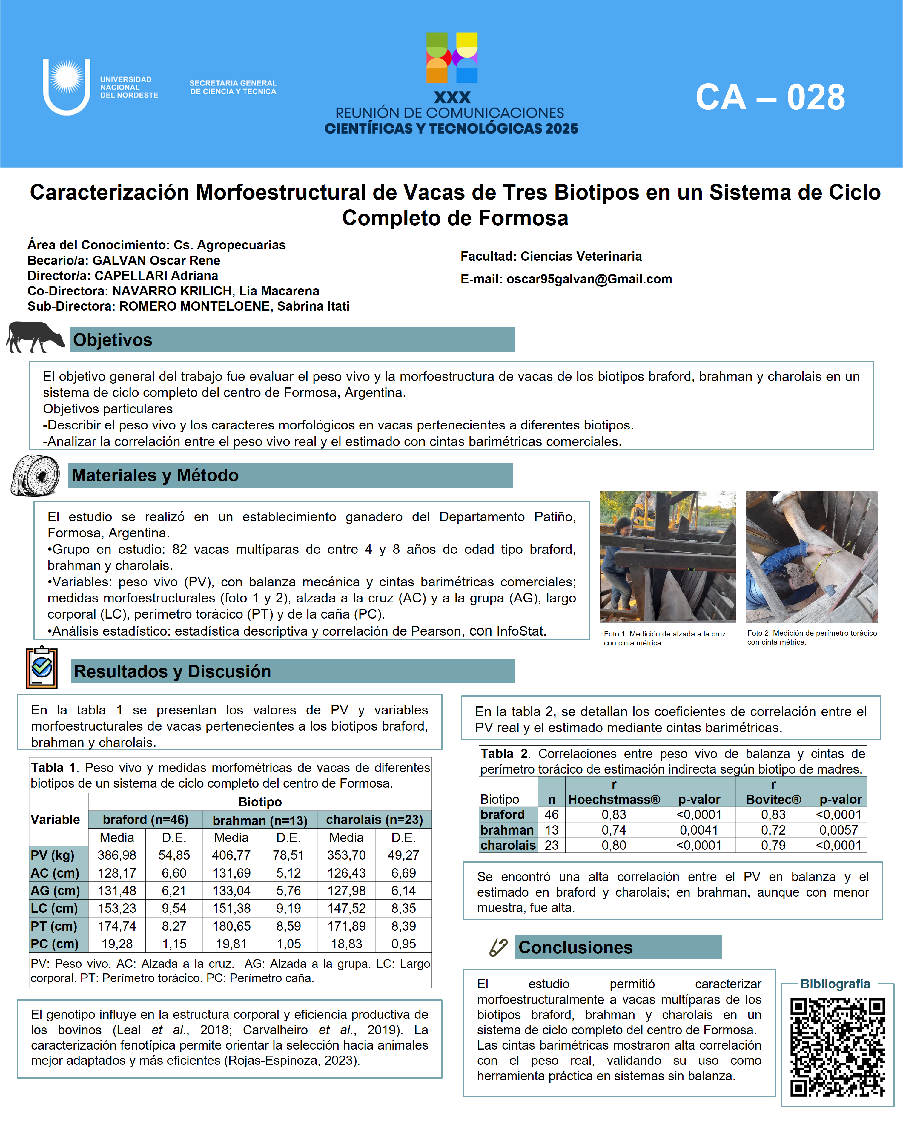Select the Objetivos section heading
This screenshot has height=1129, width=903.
click(x=113, y=340)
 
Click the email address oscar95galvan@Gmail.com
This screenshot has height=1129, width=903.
click(x=589, y=279)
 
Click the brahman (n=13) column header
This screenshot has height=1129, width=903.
click(x=260, y=820)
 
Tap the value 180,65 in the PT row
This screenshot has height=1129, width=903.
click(x=231, y=926)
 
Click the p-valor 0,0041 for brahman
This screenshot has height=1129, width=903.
click(x=699, y=830)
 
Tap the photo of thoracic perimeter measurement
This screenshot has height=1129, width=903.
click(x=811, y=556)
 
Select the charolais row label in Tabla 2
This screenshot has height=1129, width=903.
click(x=508, y=845)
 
